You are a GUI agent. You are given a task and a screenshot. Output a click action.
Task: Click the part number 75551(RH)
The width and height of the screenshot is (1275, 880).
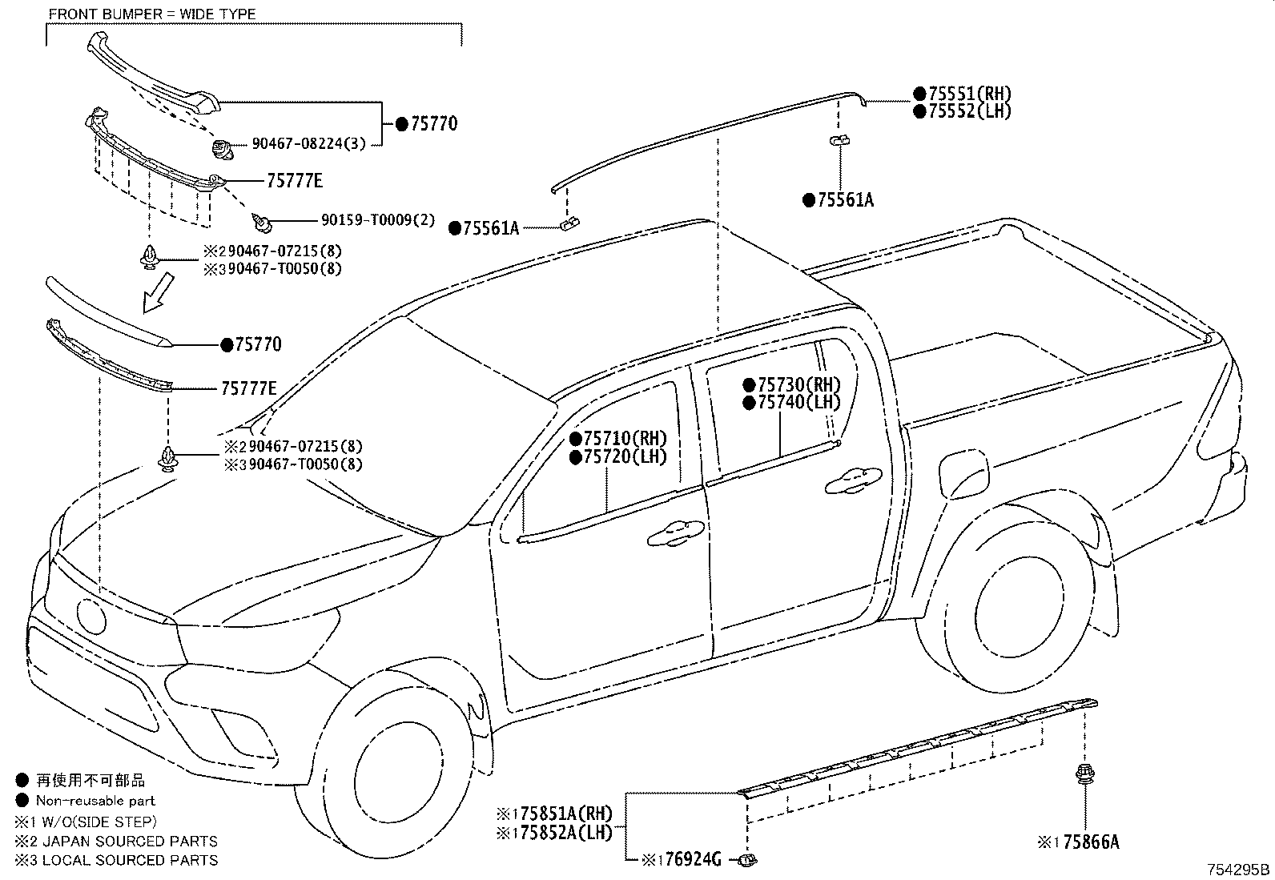tap(969, 94)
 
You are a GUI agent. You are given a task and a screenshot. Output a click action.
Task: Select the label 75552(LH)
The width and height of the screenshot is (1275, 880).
tap(969, 111)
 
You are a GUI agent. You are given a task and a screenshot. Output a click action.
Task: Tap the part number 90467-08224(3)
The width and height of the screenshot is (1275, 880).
tap(309, 144)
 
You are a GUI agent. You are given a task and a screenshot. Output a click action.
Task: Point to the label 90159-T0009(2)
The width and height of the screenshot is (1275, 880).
tap(378, 219)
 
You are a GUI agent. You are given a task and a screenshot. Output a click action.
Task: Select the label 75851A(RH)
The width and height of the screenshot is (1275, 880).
tap(560, 814)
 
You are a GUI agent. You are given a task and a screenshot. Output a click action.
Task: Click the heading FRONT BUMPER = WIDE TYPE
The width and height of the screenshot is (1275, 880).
tap(152, 14)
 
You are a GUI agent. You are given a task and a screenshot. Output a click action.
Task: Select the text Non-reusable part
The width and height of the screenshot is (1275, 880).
tap(95, 800)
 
